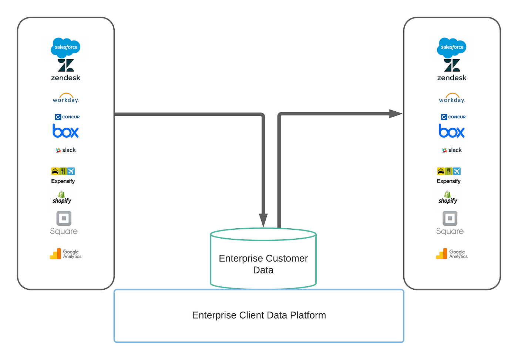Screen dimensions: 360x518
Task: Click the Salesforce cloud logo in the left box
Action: (65, 47)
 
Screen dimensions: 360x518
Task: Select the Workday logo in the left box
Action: (65, 98)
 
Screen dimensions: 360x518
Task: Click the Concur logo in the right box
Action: (453, 117)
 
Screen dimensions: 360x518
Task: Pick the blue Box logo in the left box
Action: (65, 131)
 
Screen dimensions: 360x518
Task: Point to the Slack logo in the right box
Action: (452, 150)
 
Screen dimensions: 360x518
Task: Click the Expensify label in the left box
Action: (63, 181)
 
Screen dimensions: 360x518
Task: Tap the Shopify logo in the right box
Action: (448, 198)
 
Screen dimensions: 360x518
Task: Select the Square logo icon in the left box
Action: (64, 218)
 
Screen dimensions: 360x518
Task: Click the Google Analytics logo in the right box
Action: (452, 254)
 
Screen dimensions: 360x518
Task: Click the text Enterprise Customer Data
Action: (263, 264)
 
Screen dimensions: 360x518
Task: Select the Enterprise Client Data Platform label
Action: (259, 315)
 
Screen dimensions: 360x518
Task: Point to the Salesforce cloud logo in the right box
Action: (452, 47)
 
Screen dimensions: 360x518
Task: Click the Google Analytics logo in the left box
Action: (65, 254)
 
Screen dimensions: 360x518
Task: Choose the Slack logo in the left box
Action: (65, 150)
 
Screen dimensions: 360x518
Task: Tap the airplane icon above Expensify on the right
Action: (457, 171)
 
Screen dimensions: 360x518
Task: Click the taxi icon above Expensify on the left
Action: (55, 171)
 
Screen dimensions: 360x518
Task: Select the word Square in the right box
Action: (450, 231)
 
